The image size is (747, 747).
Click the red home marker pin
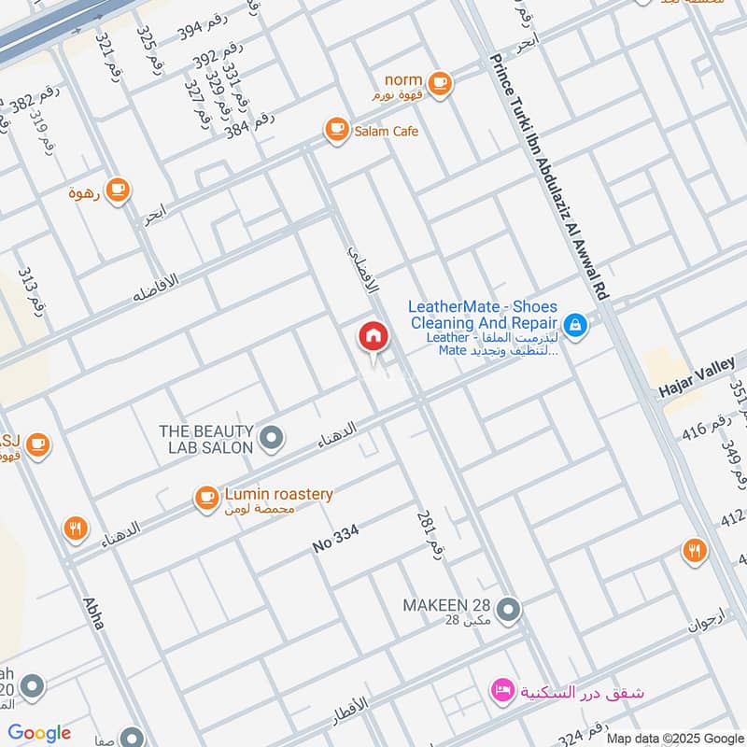[373, 337]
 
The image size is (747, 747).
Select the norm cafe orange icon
[442, 84]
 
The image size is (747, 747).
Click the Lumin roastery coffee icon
[205, 499]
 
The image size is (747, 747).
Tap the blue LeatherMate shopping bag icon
[576, 325]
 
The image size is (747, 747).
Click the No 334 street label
[336, 539]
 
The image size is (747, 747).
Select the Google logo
[39, 732]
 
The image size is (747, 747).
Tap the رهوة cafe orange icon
[117, 190]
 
